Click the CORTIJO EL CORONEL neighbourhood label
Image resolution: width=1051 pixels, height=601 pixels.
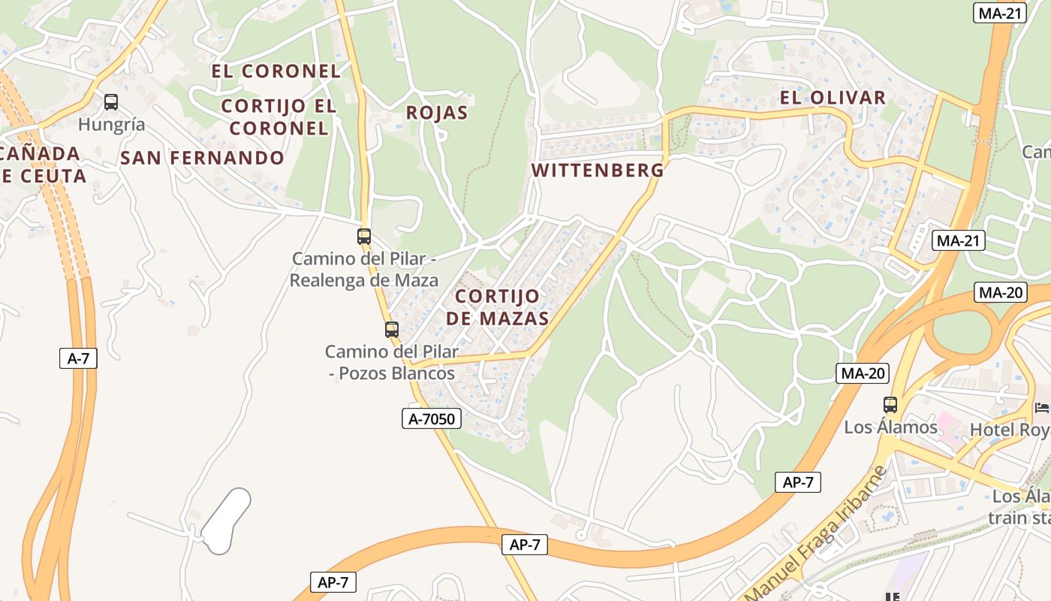coord(279,117)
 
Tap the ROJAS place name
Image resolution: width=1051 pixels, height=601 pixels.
coord(436,113)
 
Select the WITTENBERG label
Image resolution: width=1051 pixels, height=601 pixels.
coord(598,170)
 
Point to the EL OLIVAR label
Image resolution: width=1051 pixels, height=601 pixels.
coord(833,98)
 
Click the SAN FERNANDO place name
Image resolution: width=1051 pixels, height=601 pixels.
coord(202,158)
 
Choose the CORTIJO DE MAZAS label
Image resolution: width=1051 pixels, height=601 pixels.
coord(497,307)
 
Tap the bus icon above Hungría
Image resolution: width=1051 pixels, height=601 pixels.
coord(111,101)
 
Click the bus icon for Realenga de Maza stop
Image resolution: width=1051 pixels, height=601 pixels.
coord(364,237)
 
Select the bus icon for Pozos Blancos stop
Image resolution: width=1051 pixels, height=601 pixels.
coord(391,329)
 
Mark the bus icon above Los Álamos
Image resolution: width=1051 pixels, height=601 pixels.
coord(890,404)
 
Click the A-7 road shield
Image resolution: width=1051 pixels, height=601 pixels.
coord(78,358)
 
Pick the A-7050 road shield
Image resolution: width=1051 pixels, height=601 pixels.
coord(431,418)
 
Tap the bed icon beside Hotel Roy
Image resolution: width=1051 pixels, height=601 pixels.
coord(1042,408)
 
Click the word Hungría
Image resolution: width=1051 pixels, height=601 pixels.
coord(112,124)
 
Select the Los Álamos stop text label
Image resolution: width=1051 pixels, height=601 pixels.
coord(891,427)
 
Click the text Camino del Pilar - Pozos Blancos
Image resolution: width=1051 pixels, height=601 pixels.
coord(391,362)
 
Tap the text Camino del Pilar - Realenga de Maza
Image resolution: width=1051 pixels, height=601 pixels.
coord(364,270)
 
